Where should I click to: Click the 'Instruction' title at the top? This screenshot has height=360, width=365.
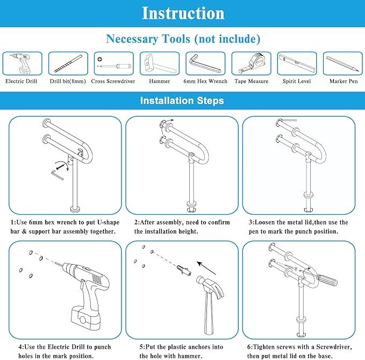click(x=183, y=13)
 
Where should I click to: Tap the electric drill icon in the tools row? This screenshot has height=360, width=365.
click(x=22, y=64)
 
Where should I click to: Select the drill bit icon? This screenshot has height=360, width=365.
click(x=68, y=64)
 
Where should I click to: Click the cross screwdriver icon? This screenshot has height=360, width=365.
click(x=113, y=64)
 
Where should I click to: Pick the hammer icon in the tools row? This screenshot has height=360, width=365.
click(x=159, y=64)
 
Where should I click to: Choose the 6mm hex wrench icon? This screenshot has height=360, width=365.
click(x=205, y=64)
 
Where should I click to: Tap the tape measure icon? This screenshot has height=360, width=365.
click(x=251, y=64)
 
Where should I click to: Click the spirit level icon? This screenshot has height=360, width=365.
click(x=296, y=64)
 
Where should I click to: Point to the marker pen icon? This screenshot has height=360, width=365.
click(x=342, y=64)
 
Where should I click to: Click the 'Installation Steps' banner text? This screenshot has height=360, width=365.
click(x=182, y=101)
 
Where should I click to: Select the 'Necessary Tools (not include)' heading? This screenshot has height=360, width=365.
click(x=183, y=39)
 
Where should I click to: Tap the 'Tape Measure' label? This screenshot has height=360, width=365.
click(x=251, y=81)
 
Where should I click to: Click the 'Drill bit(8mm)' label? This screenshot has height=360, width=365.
click(x=68, y=81)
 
